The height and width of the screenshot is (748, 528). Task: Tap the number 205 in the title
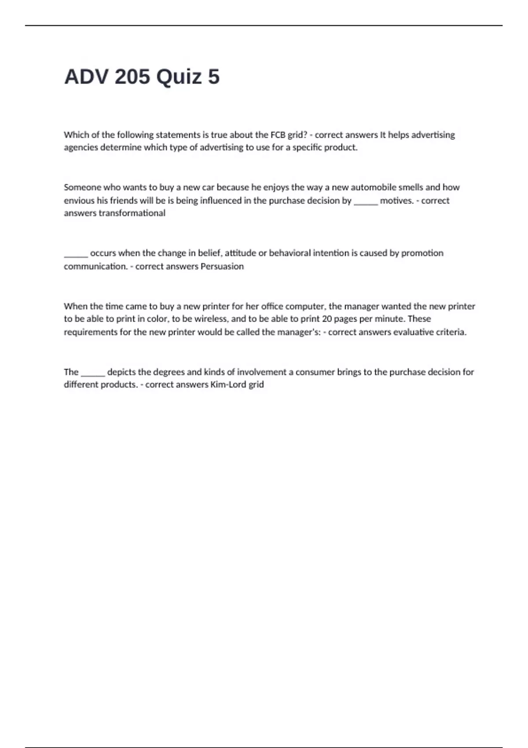(x=132, y=77)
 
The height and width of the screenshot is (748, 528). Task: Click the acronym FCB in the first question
(x=278, y=135)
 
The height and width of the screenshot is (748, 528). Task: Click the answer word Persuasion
(x=222, y=266)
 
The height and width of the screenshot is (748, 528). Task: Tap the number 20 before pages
(x=327, y=319)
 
